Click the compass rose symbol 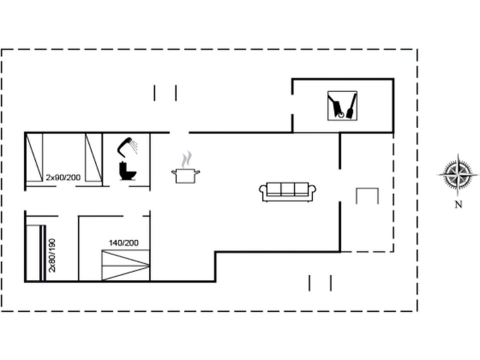[457, 174]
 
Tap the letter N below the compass [458, 204]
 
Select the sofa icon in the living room [287, 191]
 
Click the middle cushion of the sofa [287, 189]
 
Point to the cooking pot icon [186, 175]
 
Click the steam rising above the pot [186, 159]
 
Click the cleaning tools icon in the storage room [342, 105]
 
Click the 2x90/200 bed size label [63, 177]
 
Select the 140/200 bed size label [123, 243]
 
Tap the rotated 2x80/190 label [52, 255]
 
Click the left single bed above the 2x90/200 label [34, 157]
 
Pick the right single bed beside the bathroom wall [93, 157]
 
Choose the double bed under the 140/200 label [125, 265]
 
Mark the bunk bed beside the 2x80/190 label [35, 253]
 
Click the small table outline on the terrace [367, 195]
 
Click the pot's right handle [198, 172]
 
